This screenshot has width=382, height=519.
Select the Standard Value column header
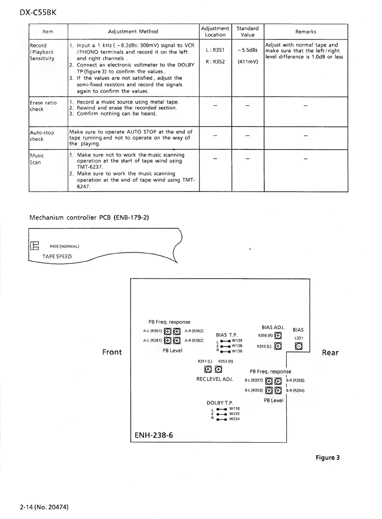247,32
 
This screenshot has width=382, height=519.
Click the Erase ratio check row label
43,106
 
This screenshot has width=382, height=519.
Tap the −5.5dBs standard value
247,50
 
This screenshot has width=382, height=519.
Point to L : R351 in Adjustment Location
215,50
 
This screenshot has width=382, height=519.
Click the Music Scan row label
37,159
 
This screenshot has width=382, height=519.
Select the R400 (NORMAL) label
64,246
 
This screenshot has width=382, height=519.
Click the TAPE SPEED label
57,256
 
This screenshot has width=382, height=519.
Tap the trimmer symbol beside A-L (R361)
168,331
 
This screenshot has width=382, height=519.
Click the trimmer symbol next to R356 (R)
278,335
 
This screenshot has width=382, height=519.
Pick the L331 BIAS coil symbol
298,346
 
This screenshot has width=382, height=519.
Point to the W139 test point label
237,341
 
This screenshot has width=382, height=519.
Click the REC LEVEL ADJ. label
215,379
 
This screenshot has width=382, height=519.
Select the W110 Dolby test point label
234,409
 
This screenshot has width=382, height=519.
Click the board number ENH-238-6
153,435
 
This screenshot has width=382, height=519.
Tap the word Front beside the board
112,352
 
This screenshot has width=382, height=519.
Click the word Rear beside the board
330,353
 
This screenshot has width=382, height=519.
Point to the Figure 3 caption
328,457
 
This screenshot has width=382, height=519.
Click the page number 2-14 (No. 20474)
44,507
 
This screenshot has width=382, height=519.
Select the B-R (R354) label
295,390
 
